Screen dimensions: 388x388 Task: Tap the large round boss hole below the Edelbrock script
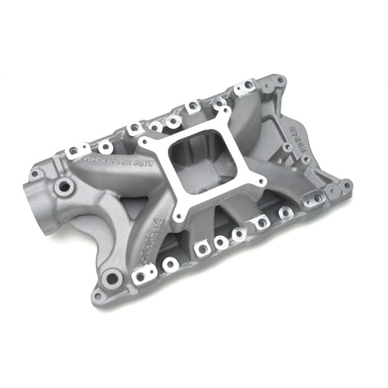point(112,277)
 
